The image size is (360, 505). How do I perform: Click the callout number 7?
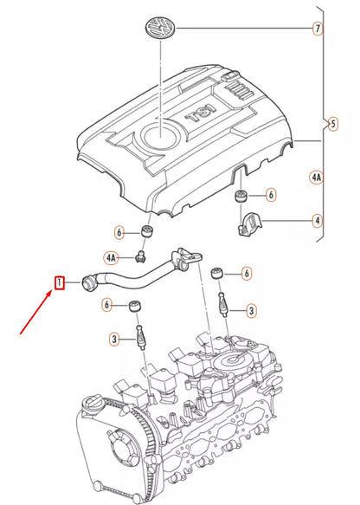pos(318,29)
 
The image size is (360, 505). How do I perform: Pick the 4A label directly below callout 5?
pos(316,179)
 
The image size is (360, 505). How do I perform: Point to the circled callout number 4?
pos(317,221)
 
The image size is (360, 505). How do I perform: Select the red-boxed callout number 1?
pos(59,282)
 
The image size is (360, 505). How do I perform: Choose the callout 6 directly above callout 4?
pos(270,195)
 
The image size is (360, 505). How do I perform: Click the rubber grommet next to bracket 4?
pos(241,194)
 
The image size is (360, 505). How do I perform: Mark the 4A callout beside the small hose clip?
pos(111,257)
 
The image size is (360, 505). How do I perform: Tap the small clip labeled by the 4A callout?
pos(138,255)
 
